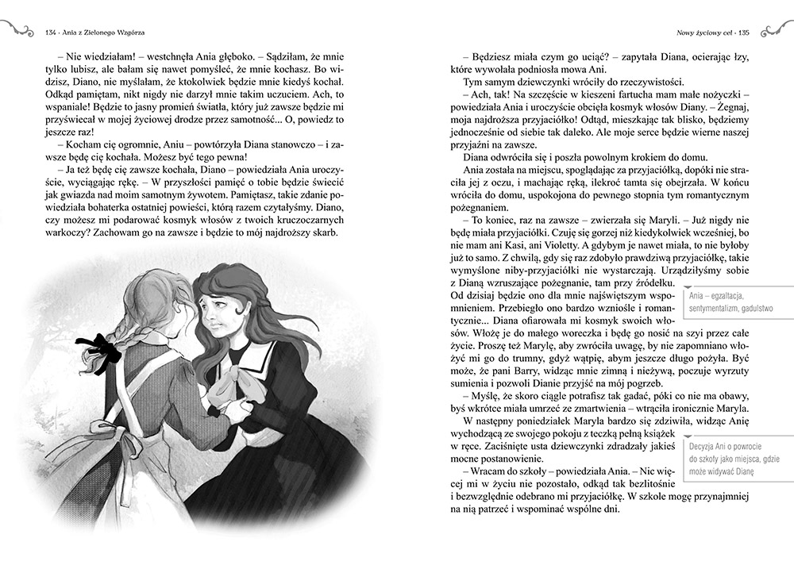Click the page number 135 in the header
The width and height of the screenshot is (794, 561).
pos(744,33)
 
